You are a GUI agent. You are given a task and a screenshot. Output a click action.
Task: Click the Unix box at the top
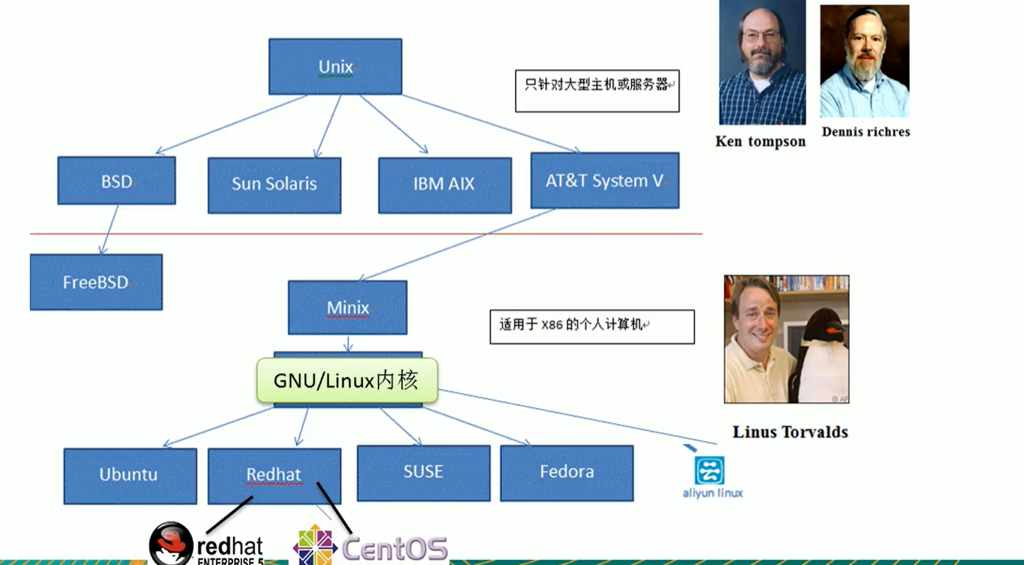(x=336, y=66)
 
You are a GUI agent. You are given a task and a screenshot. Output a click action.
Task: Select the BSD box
(x=117, y=181)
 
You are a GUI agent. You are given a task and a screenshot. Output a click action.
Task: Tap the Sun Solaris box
(x=274, y=185)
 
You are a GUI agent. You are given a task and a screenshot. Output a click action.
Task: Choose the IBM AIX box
(x=445, y=185)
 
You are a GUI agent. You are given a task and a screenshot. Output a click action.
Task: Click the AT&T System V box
(x=605, y=181)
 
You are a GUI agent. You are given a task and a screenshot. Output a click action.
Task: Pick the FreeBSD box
(x=96, y=282)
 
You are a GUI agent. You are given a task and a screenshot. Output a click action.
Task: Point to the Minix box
(x=347, y=307)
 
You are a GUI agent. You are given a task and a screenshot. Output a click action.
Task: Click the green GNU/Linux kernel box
(x=347, y=381)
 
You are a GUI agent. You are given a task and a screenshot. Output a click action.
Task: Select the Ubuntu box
(x=131, y=476)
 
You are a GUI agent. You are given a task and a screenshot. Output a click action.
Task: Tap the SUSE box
(x=423, y=473)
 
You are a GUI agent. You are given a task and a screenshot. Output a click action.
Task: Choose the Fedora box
(x=567, y=473)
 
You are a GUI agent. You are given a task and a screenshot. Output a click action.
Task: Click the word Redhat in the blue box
(x=274, y=474)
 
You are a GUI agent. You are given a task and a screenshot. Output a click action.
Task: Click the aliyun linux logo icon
(x=709, y=470)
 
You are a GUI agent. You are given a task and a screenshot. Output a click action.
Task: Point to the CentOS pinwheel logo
(x=315, y=545)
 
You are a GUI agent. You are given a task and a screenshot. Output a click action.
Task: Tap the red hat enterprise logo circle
(x=171, y=544)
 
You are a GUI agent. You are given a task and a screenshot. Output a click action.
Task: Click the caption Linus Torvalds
(x=790, y=432)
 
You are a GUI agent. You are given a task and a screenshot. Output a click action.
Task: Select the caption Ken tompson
(x=761, y=142)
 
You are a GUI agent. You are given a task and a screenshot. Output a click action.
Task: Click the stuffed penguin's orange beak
(x=834, y=327)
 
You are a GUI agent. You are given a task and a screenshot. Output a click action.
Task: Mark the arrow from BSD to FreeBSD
(x=110, y=229)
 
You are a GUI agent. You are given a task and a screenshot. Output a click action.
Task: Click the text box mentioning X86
(x=592, y=327)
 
